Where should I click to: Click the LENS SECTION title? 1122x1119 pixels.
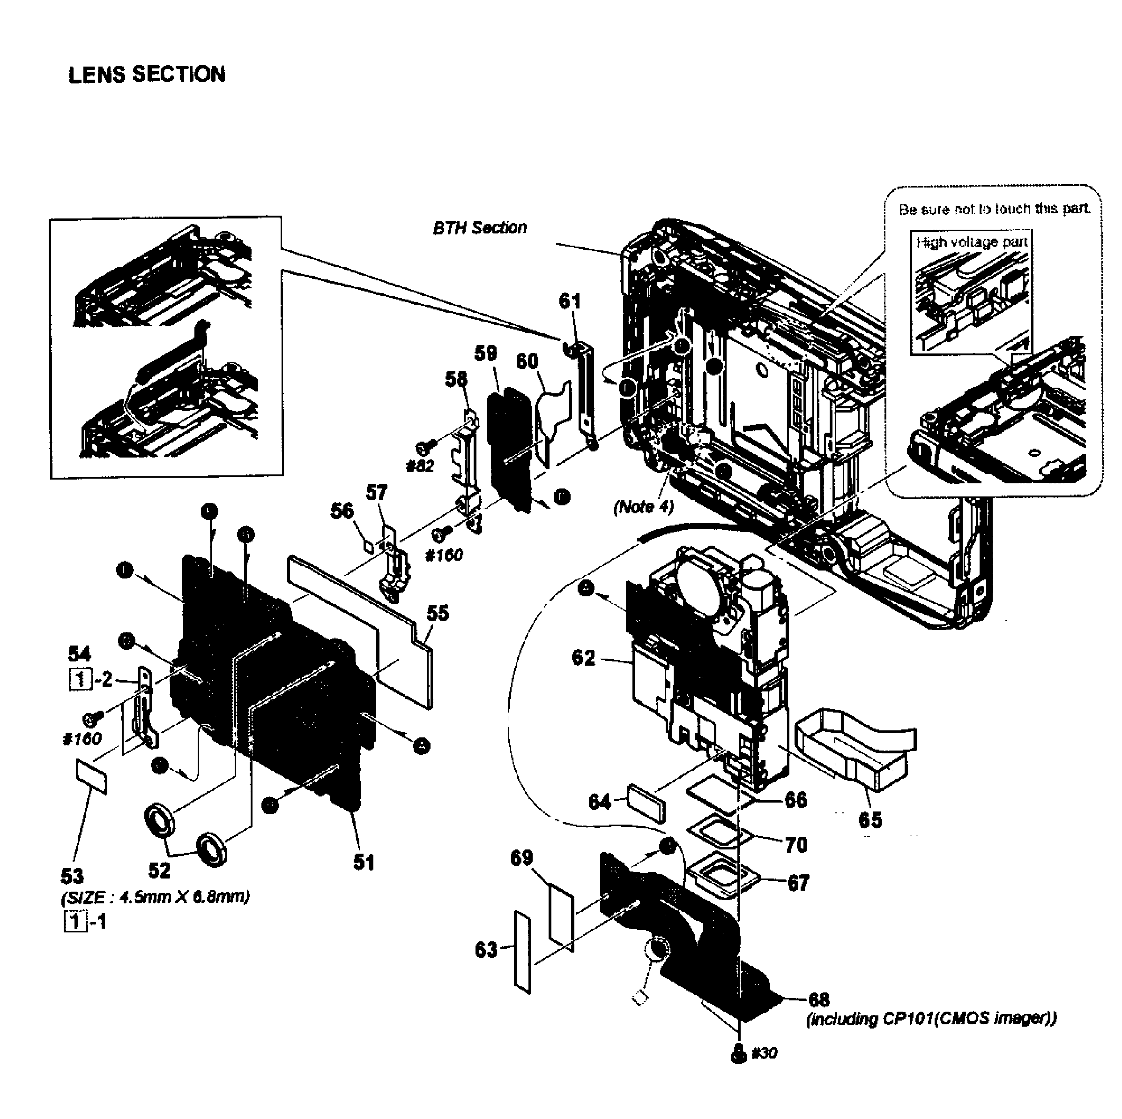[x=146, y=75]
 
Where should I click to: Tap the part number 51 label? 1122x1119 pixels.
[x=364, y=862]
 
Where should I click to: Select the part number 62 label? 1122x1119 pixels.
[x=583, y=658]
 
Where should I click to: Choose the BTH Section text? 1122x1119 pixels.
[x=480, y=227]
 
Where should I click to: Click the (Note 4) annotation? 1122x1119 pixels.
[x=644, y=507]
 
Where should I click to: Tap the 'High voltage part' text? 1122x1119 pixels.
[x=972, y=242]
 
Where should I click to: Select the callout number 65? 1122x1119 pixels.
[x=869, y=820]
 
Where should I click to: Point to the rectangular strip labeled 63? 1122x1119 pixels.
[x=522, y=952]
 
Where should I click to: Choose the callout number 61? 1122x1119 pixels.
[x=570, y=301]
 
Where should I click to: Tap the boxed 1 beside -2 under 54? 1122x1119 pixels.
[x=80, y=679]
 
